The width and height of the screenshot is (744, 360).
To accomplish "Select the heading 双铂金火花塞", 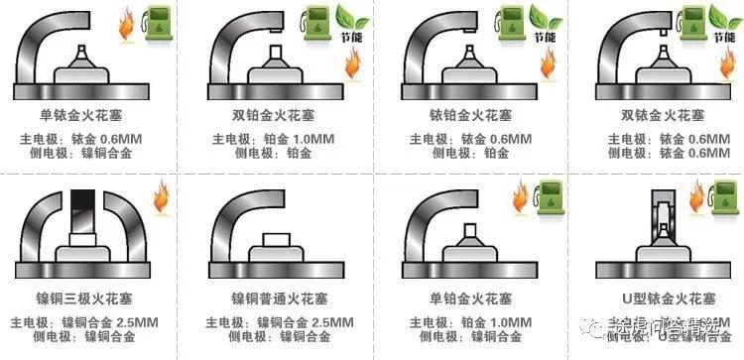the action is [268, 116].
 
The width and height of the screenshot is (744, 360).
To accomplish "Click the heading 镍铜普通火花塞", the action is [268, 299].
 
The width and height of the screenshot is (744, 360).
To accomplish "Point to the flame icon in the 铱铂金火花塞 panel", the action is [548, 65].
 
